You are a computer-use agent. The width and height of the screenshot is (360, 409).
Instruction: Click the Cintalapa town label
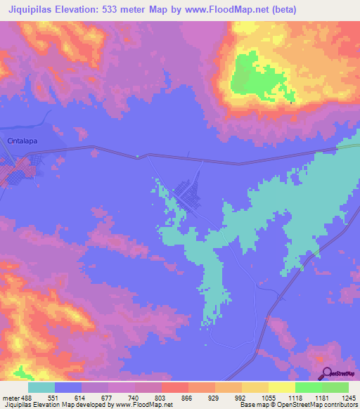click(x=21, y=141)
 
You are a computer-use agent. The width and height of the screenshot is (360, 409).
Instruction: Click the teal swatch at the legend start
click(x=41, y=387)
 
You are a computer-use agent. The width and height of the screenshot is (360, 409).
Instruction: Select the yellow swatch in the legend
click(x=281, y=387)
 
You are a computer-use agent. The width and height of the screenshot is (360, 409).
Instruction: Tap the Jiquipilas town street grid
click(x=187, y=193)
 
